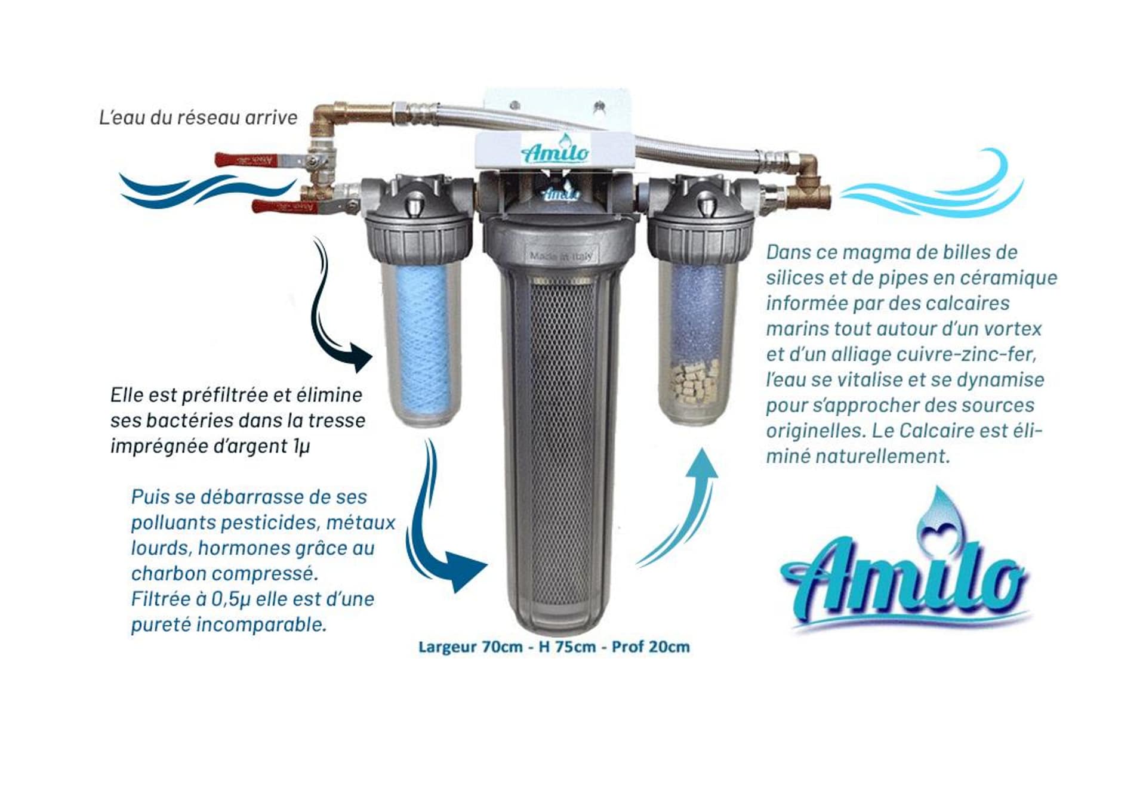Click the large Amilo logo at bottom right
[x=904, y=573]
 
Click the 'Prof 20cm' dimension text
[x=651, y=647]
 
